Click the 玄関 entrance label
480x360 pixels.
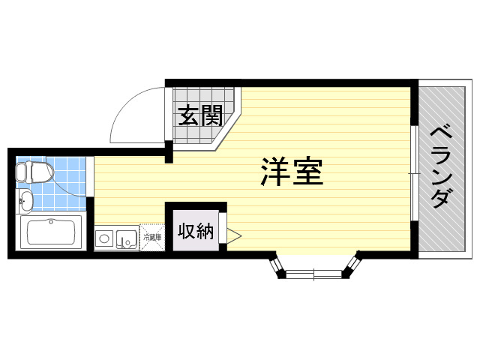[200, 115]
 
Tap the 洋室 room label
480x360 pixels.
[292, 172]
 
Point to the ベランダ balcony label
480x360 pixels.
[442, 168]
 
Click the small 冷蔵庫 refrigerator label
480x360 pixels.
[152, 237]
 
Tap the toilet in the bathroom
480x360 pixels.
[34, 172]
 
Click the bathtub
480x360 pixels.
[51, 232]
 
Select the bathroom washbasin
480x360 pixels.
[25, 201]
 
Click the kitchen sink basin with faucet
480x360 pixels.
[127, 238]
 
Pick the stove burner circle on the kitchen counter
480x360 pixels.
[104, 238]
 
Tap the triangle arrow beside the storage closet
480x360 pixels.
[234, 235]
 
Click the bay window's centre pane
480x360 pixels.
[313, 274]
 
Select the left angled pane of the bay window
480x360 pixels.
[276, 264]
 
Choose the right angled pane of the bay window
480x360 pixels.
[352, 264]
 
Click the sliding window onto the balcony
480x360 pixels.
[414, 173]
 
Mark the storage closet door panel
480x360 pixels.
[223, 228]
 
